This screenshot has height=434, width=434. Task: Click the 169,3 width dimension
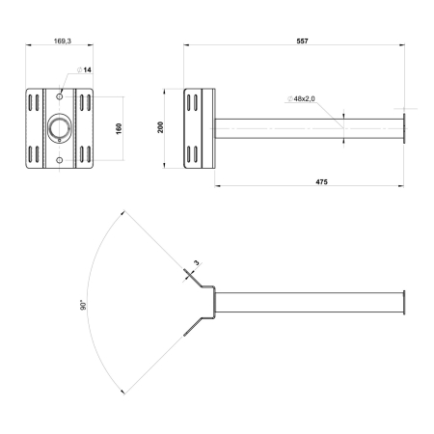tap(60, 42)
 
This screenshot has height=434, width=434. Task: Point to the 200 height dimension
tap(162, 127)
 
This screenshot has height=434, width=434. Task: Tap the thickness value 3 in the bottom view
tap(196, 262)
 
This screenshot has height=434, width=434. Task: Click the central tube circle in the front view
tap(60, 126)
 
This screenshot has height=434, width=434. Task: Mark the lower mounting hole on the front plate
tap(60, 157)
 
